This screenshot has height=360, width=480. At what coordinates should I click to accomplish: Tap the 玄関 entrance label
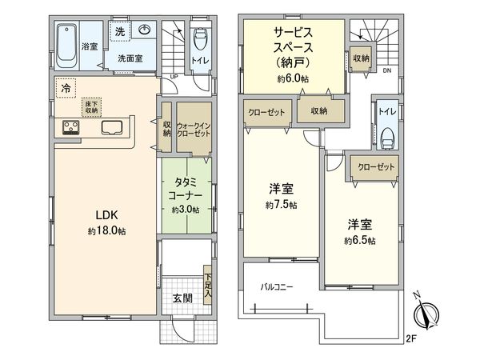[182, 298]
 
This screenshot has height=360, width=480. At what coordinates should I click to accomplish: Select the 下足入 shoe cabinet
[208, 286]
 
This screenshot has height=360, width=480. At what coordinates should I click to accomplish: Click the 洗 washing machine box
[118, 33]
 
